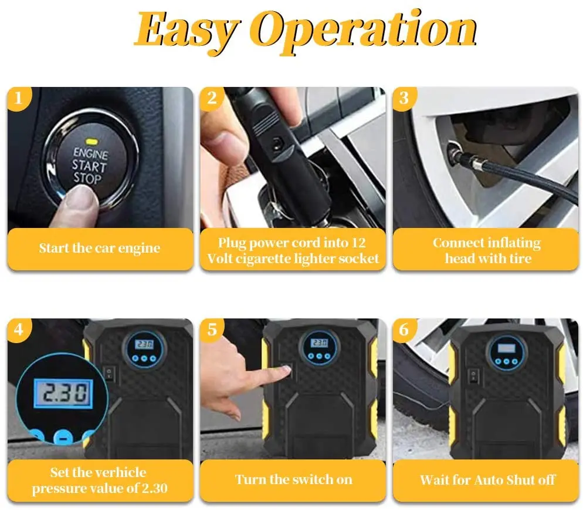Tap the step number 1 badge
[19, 98]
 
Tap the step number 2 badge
[212, 98]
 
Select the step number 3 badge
[404, 98]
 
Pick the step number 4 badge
[19, 330]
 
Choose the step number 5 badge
[212, 330]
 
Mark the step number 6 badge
[404, 330]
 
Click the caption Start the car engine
[99, 248]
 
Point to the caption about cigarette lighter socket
[293, 250]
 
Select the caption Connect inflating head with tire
[486, 250]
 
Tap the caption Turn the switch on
[293, 479]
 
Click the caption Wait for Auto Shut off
[486, 479]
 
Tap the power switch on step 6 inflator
[472, 374]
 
